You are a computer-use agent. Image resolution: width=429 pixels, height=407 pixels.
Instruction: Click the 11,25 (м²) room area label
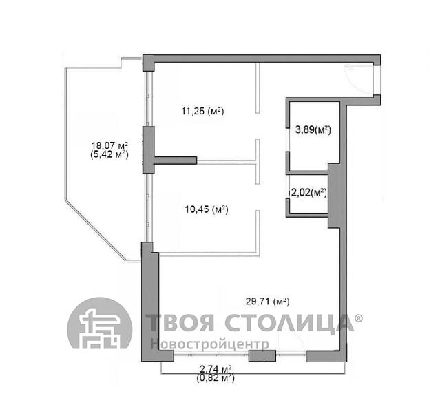(x=202, y=112)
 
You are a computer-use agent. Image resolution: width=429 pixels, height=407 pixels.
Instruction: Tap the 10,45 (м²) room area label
(x=207, y=209)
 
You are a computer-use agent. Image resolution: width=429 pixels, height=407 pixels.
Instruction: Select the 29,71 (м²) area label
(x=268, y=302)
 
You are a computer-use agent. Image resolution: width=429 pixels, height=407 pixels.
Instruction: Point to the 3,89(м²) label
(x=313, y=129)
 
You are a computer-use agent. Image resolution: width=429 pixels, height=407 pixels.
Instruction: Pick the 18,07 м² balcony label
(x=109, y=145)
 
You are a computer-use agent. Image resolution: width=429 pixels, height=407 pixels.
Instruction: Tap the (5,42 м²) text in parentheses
(x=109, y=154)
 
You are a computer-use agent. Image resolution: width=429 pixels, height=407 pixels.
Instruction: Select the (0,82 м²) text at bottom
(x=216, y=378)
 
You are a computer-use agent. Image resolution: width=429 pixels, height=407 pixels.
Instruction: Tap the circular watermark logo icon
(x=100, y=323)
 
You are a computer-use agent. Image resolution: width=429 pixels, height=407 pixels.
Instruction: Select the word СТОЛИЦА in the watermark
(x=289, y=324)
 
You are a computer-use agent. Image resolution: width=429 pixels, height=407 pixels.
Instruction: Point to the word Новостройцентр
(x=210, y=344)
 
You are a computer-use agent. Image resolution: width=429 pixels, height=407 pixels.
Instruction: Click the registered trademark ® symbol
(x=359, y=318)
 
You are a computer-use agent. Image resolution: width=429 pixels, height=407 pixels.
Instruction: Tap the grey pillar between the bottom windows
(x=262, y=355)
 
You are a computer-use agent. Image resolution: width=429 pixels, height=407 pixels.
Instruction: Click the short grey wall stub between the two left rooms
(x=176, y=160)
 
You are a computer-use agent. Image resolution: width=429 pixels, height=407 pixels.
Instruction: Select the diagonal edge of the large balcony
(x=96, y=230)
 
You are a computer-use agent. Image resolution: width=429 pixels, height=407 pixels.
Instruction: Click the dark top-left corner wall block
(x=149, y=63)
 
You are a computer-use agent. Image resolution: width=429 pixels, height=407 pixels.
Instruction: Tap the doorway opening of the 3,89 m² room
(x=288, y=140)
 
